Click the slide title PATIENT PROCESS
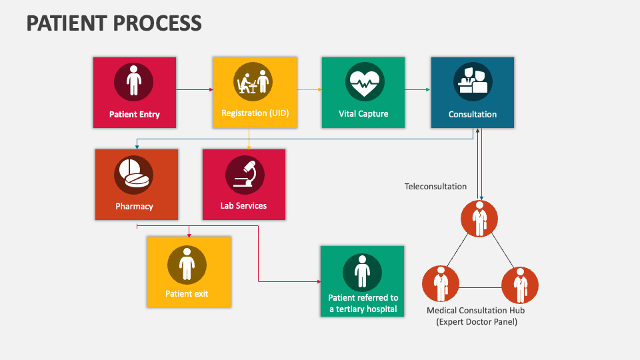click(114, 23)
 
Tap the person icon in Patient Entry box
click(134, 81)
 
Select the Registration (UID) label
click(255, 113)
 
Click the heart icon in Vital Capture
click(364, 83)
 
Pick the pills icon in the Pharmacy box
click(134, 175)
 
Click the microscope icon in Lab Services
click(244, 175)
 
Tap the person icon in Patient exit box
click(187, 265)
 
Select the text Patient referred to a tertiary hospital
click(363, 303)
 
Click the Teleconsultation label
click(435, 187)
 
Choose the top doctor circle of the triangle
click(480, 219)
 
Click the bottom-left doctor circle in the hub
click(441, 284)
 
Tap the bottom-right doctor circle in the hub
click(519, 284)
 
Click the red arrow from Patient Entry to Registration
click(194, 89)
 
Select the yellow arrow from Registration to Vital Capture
click(309, 89)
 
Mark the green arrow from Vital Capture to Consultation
click(417, 89)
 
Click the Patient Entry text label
click(135, 114)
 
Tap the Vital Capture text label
click(363, 114)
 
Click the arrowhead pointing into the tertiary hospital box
click(317, 282)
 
